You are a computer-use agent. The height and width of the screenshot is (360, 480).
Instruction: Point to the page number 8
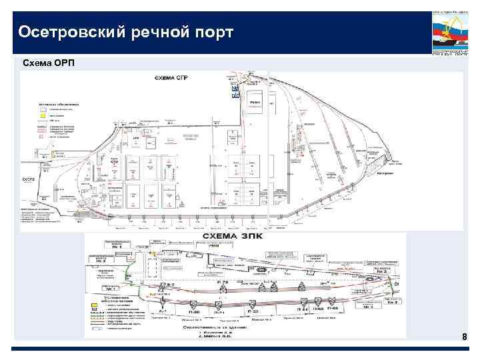pos(465,339)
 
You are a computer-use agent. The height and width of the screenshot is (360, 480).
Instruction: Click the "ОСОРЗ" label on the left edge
pos(28,179)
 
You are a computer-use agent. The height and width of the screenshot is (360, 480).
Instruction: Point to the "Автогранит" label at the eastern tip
pos(386,173)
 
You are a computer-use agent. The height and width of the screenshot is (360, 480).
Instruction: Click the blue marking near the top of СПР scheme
pos(235,91)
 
